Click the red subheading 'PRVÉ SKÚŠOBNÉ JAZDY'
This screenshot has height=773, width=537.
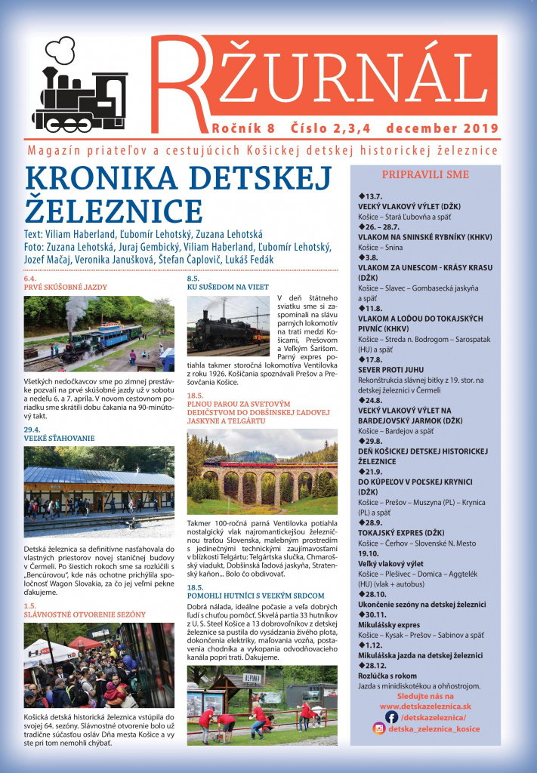pos(66,287)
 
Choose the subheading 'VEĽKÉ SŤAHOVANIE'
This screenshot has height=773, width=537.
pos(59,437)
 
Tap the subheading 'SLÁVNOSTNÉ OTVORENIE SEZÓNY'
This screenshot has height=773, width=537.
pos(85,614)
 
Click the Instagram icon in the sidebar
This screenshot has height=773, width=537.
pos(379,728)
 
